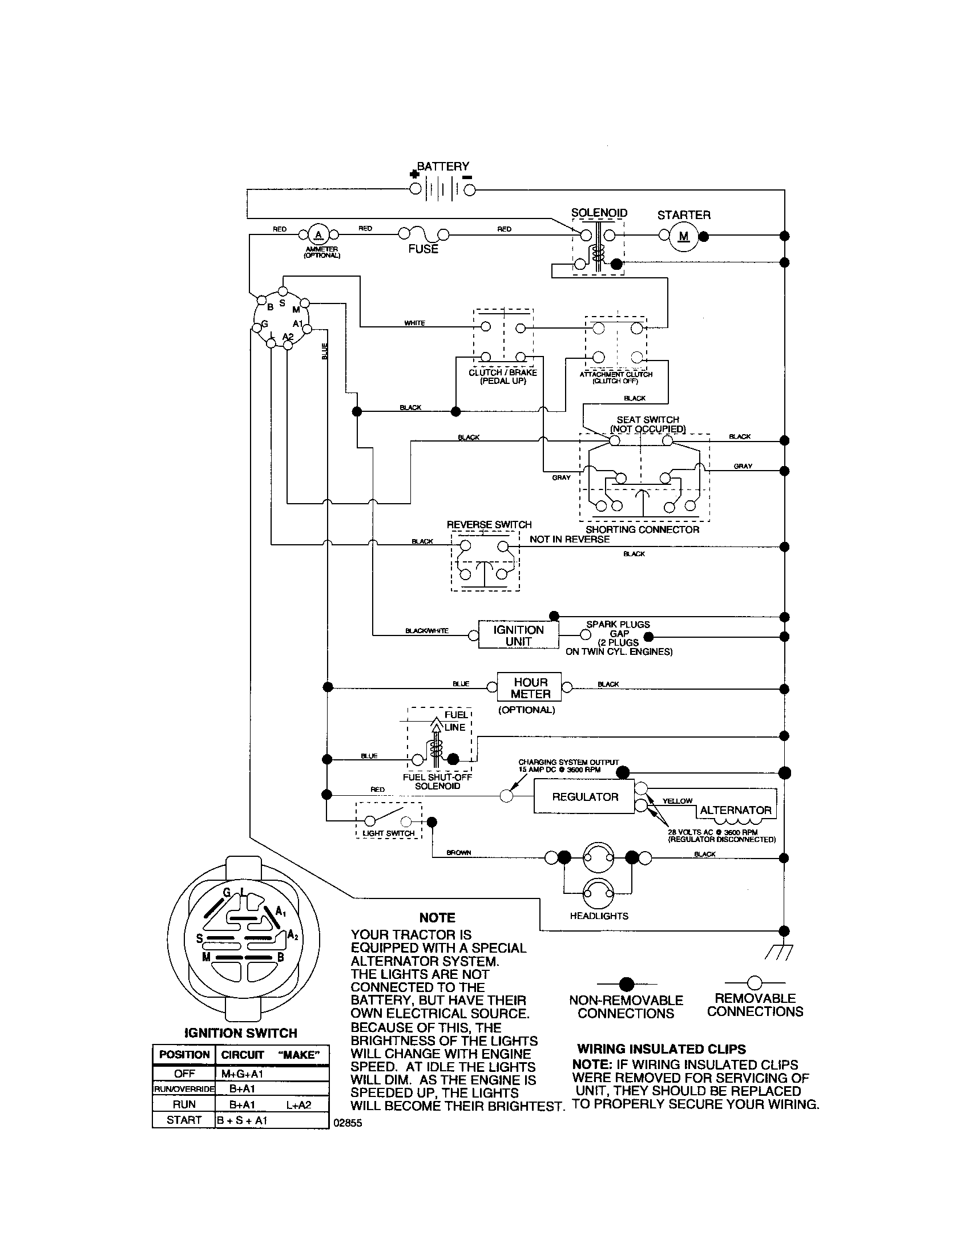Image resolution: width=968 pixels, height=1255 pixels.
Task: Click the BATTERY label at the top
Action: click(442, 167)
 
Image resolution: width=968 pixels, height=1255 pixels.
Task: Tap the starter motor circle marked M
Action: click(683, 236)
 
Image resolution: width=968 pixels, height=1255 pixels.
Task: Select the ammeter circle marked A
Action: click(318, 234)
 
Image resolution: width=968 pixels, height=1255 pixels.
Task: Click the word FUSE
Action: click(423, 249)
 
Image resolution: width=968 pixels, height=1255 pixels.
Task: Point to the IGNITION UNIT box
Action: click(518, 635)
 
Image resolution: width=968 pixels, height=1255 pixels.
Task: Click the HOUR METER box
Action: click(530, 688)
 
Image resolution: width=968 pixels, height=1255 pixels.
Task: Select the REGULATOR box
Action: click(584, 797)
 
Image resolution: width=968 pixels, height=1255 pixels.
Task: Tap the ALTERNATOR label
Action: click(735, 810)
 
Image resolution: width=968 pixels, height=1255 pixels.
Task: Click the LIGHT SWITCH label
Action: click(389, 833)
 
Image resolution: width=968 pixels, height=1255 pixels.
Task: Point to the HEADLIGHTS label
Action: click(599, 916)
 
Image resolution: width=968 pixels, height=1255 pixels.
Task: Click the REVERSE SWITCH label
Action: click(489, 525)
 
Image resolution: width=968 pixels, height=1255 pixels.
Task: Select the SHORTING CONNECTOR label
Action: click(642, 530)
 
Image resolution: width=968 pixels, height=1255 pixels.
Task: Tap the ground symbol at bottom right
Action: click(779, 952)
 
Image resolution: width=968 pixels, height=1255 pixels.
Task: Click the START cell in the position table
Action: click(183, 1120)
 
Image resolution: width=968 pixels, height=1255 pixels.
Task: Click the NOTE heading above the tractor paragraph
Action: click(437, 918)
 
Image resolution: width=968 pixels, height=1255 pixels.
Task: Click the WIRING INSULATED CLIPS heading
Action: click(662, 1049)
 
